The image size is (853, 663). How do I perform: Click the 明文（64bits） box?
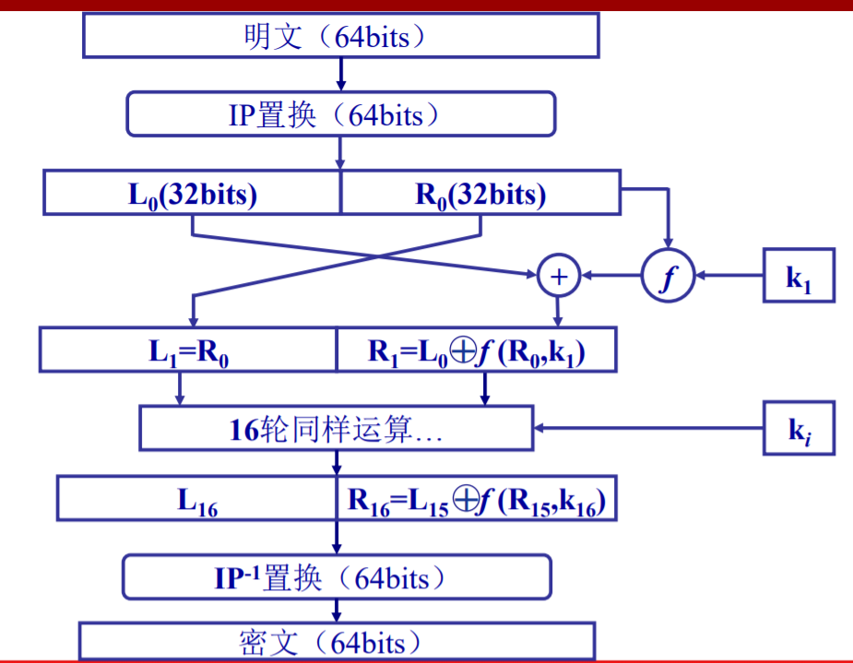(341, 37)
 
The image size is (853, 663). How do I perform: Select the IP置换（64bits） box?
(341, 115)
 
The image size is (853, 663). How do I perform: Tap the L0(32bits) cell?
(192, 194)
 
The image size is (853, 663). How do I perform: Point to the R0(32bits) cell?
(480, 194)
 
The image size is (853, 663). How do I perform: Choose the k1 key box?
(799, 275)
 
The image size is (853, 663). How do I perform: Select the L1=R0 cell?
(189, 350)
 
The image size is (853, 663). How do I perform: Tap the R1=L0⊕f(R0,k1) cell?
(476, 350)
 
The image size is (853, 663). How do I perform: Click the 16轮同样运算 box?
(337, 428)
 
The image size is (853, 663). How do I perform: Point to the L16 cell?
(196, 499)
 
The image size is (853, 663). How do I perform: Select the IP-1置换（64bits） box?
(338, 577)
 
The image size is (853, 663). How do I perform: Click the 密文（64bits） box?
(338, 642)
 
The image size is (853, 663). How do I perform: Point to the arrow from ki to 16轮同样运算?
(650, 428)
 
